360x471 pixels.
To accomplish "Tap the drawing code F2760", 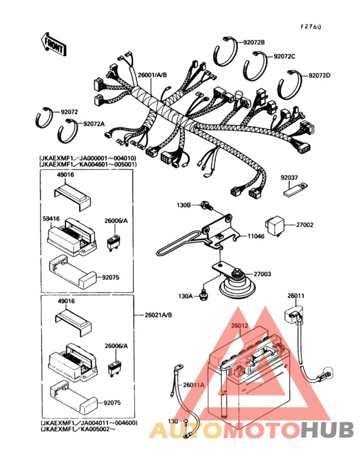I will coord(311,27).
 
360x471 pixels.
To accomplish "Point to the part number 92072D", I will coord(319,75).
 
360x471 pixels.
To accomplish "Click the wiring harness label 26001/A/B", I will coord(152,75).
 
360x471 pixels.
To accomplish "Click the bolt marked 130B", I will coord(206,207).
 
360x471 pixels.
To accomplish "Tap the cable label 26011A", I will coord(194,385).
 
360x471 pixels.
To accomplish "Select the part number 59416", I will coord(53,219).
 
